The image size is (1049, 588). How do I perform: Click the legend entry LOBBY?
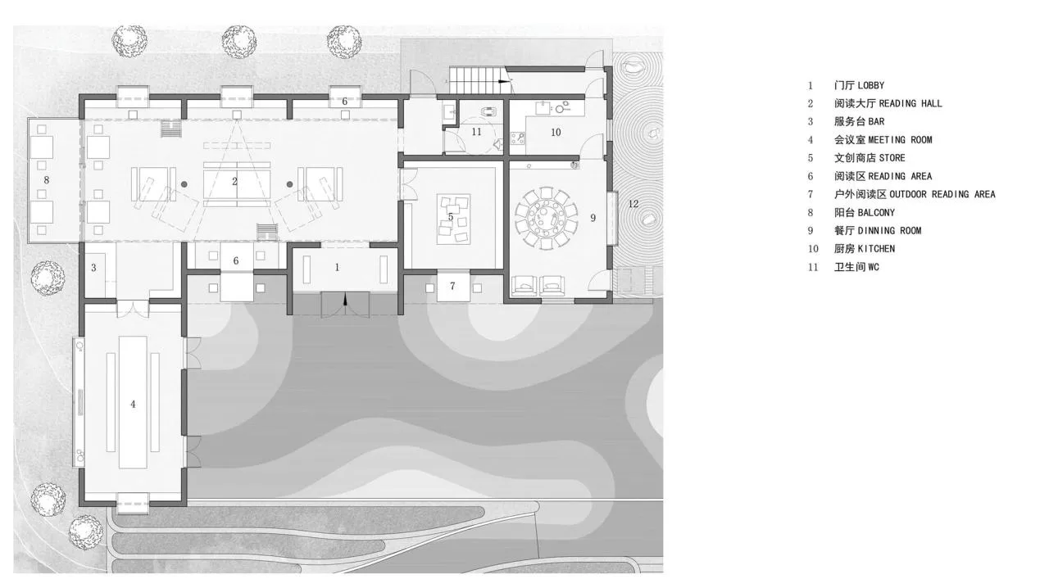pos(870,86)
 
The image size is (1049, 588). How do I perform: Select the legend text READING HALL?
pos(910,103)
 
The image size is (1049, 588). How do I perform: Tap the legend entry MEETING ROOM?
pos(900,140)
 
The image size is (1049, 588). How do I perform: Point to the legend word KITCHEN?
pos(876,249)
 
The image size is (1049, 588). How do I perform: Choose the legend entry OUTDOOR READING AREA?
pos(942,194)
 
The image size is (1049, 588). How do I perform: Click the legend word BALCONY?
pos(876,213)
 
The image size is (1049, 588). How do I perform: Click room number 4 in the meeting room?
pos(133,404)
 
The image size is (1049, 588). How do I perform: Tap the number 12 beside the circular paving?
pos(633,204)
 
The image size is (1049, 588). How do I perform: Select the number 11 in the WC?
pos(476,132)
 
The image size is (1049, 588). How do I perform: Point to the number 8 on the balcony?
pos(46,180)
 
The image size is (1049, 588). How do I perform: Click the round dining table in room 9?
pos(546,219)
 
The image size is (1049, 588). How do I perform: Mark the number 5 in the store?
pos(451,217)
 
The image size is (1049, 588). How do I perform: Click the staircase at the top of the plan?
pos(475,80)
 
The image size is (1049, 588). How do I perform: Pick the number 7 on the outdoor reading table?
pos(452,286)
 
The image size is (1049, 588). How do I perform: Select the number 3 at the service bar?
pos(93,268)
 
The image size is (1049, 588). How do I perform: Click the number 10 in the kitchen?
pos(556,133)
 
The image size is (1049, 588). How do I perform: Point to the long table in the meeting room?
pos(133,402)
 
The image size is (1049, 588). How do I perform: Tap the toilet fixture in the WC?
pos(488,112)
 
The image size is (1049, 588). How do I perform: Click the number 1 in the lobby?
pos(337,267)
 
